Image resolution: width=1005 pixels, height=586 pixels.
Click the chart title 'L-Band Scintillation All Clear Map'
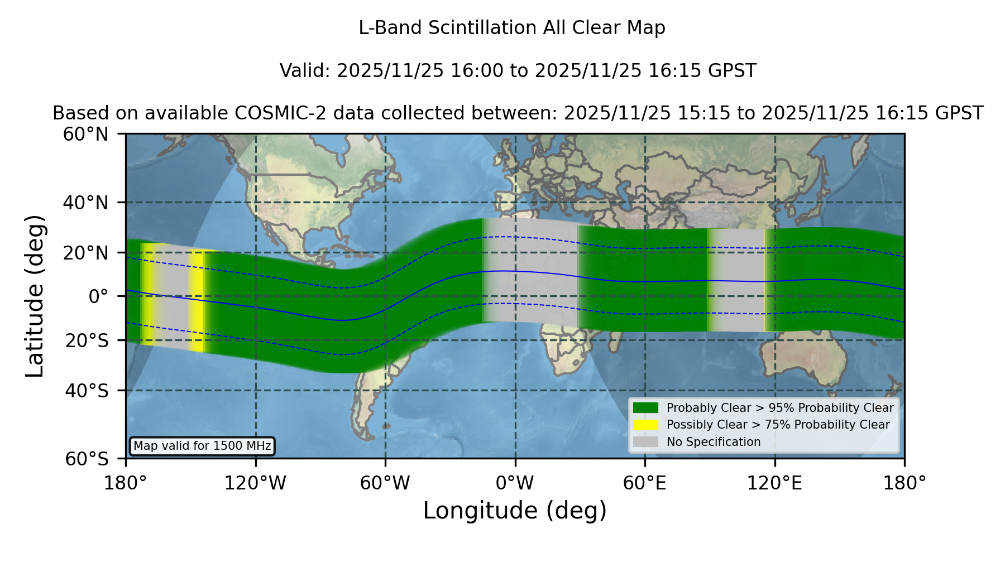coord(512,28)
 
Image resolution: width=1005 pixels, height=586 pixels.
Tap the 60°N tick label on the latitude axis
coord(86,134)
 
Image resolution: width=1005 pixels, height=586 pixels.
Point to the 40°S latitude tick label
coord(87,391)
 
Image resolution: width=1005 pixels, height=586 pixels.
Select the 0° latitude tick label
coord(98,296)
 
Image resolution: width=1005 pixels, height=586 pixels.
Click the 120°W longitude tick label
coord(255,483)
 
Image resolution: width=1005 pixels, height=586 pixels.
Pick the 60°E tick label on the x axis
coord(645,483)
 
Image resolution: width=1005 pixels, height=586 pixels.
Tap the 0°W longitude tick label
coord(515,483)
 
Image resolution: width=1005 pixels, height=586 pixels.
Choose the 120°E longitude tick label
coord(774,483)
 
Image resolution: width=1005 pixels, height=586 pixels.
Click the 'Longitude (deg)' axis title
coord(515,511)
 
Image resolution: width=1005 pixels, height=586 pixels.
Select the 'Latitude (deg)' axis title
coord(35,296)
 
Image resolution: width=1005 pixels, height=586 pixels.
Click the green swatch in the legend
coord(646,408)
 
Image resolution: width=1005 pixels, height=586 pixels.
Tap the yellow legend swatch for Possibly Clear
coord(646,425)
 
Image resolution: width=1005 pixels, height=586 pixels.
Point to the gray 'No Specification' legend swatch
coord(646,442)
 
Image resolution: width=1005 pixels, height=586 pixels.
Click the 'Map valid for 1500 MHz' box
coord(202,446)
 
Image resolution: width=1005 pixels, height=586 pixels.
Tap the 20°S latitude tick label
coord(87,340)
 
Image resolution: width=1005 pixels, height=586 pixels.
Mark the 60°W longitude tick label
coord(385,483)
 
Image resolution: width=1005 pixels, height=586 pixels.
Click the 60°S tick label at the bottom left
coord(87,459)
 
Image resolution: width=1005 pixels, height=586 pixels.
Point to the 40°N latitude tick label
coord(86,203)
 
